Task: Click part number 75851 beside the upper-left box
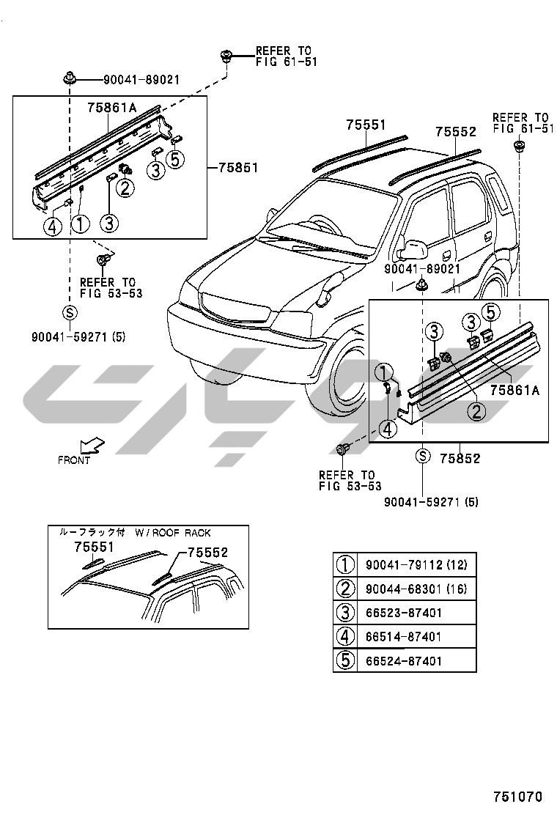click(238, 167)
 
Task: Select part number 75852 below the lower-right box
click(460, 459)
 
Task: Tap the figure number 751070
click(517, 796)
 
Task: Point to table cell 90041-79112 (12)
click(416, 565)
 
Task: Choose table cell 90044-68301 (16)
click(416, 589)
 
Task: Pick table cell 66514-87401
click(404, 637)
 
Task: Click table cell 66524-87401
click(404, 661)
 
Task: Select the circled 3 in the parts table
click(344, 613)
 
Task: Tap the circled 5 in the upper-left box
click(176, 158)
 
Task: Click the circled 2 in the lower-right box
click(476, 411)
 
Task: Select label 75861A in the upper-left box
click(112, 108)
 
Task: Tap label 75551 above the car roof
click(366, 125)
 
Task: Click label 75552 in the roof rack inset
click(207, 553)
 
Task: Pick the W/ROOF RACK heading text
click(173, 533)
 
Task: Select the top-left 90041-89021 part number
click(141, 79)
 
